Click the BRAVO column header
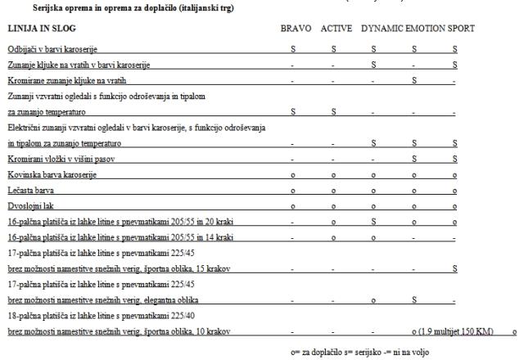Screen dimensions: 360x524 [x=296, y=29]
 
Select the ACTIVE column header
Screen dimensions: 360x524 [x=337, y=29]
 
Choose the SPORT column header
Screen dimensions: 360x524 [x=460, y=29]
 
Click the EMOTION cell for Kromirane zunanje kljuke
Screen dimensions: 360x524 [x=416, y=79]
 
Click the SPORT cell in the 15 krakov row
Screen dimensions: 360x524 [x=454, y=268]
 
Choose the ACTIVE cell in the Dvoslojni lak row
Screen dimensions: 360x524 [x=333, y=205]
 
